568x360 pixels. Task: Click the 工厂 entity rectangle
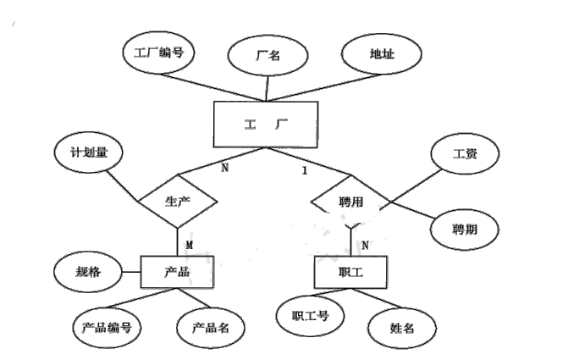click(x=265, y=125)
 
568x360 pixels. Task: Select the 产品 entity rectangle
click(x=176, y=273)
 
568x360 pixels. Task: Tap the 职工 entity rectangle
click(x=350, y=273)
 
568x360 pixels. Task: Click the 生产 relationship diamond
click(x=178, y=202)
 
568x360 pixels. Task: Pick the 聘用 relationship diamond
click(x=349, y=204)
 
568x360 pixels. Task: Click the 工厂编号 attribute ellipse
click(x=158, y=52)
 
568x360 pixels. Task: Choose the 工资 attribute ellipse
click(x=465, y=155)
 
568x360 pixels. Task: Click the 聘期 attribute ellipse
click(x=465, y=229)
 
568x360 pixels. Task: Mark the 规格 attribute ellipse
click(x=82, y=273)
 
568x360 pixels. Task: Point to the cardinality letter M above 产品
click(x=190, y=244)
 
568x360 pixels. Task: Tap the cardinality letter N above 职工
click(x=365, y=245)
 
